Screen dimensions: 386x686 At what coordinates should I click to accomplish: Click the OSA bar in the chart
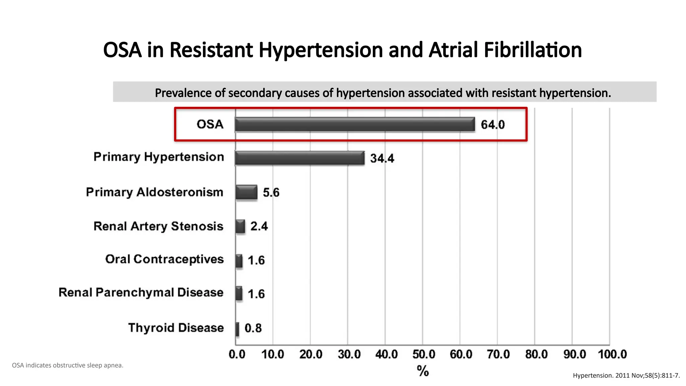tap(355, 124)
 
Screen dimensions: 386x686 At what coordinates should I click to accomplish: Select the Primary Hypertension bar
tap(300, 158)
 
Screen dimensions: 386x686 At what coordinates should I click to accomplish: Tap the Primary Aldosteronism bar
tap(247, 192)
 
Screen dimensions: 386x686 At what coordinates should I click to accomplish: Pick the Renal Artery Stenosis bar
tap(241, 227)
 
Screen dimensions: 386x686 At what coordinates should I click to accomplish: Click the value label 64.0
tap(492, 125)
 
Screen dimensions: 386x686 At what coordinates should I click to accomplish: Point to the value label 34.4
tap(382, 158)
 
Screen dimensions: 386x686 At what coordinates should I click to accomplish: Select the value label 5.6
tap(271, 193)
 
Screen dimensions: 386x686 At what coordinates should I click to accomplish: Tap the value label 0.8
tap(253, 328)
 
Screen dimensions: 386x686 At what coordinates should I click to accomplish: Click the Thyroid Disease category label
tap(176, 328)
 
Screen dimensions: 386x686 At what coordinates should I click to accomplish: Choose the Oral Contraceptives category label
tap(164, 259)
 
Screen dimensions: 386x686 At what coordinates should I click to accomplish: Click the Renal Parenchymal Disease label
tap(141, 293)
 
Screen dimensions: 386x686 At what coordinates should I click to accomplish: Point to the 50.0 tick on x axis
tap(424, 354)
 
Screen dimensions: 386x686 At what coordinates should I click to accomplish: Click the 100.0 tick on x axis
tap(612, 354)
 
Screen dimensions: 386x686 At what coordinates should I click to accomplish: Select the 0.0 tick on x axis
tap(237, 354)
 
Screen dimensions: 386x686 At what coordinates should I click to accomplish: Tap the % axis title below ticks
tap(423, 371)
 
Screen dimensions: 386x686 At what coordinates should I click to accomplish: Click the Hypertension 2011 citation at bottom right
tap(626, 376)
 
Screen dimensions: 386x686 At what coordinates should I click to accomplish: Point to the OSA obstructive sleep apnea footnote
tap(68, 365)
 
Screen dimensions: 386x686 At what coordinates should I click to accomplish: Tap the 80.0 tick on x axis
tap(536, 354)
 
